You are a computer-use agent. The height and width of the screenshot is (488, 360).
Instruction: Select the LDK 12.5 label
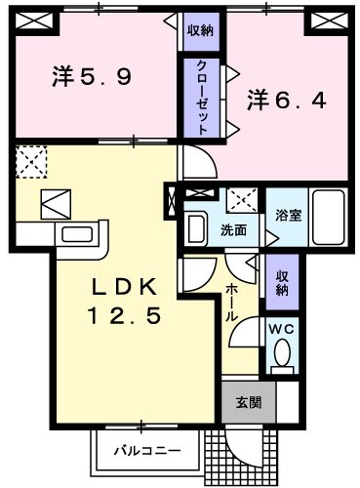(x=127, y=304)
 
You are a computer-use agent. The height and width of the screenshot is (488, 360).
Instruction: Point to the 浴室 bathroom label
(x=287, y=214)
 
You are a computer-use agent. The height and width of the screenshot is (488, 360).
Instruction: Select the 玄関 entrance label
(x=246, y=400)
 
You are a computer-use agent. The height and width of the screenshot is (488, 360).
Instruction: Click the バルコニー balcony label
(x=142, y=450)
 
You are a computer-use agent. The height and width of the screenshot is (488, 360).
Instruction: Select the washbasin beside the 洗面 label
(x=196, y=229)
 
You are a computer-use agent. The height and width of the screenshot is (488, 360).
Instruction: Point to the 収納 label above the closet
(x=200, y=30)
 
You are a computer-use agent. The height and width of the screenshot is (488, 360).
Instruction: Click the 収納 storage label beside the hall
(x=281, y=281)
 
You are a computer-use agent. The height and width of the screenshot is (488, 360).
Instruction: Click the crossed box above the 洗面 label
(x=237, y=201)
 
